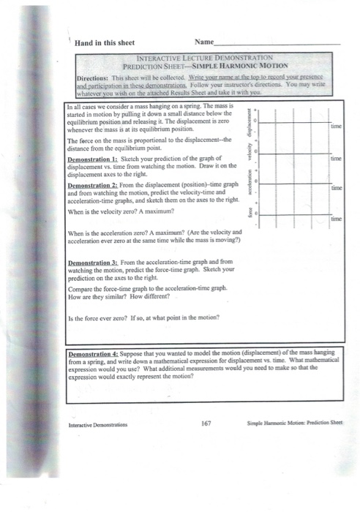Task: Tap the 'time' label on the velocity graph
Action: point(338,157)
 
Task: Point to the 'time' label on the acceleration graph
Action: point(338,188)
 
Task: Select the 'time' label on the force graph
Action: point(338,218)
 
